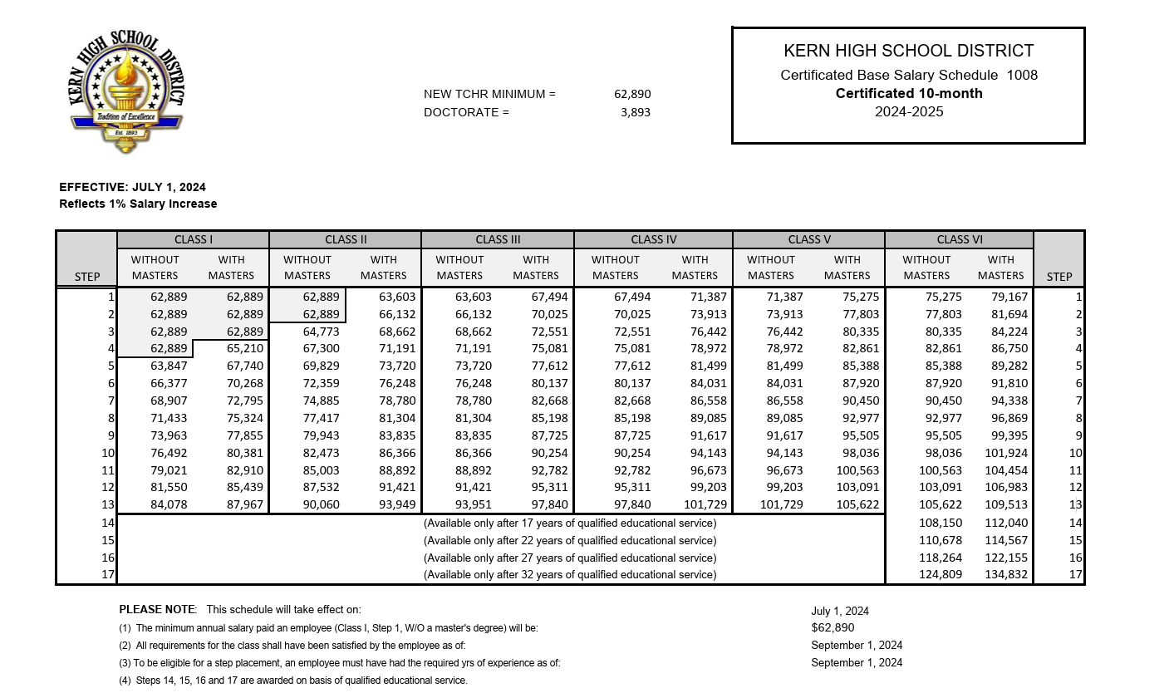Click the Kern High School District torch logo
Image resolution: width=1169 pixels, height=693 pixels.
[x=126, y=93]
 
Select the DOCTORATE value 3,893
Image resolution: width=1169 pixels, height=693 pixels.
[x=635, y=112]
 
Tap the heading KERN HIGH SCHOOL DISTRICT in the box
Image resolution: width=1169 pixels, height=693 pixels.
[x=908, y=52]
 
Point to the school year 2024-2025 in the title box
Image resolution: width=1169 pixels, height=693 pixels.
[x=909, y=111]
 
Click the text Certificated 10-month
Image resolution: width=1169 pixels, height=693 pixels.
[x=909, y=93]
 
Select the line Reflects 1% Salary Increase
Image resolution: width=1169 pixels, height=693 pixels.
[x=138, y=204]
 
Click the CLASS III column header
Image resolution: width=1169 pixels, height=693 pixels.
[x=498, y=239]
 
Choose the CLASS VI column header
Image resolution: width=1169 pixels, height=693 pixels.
[x=959, y=239]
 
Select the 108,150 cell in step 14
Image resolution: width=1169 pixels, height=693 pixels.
[x=927, y=523]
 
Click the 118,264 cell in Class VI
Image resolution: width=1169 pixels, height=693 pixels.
[x=927, y=558]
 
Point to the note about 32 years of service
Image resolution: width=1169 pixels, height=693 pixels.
[x=569, y=574]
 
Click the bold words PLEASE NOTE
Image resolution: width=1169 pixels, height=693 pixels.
[x=158, y=609]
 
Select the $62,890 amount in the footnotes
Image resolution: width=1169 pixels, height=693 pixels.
[x=833, y=627]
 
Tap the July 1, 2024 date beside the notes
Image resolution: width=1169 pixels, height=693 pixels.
[x=840, y=611]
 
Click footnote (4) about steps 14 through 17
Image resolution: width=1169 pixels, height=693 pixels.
[x=293, y=681]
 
